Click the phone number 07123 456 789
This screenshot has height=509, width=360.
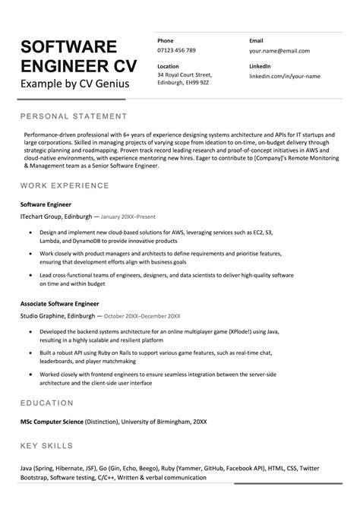[176, 50]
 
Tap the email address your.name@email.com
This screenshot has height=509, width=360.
[279, 50]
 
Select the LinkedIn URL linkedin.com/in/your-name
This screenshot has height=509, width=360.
[286, 76]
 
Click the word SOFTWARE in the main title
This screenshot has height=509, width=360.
[69, 46]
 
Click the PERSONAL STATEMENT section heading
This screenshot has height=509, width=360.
[73, 116]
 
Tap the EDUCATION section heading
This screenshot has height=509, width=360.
[51, 401]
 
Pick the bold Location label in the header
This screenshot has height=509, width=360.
[169, 66]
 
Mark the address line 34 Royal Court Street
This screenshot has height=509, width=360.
[185, 75]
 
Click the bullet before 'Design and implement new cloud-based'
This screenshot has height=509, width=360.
[28, 232]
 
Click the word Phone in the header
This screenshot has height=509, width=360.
[166, 40]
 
